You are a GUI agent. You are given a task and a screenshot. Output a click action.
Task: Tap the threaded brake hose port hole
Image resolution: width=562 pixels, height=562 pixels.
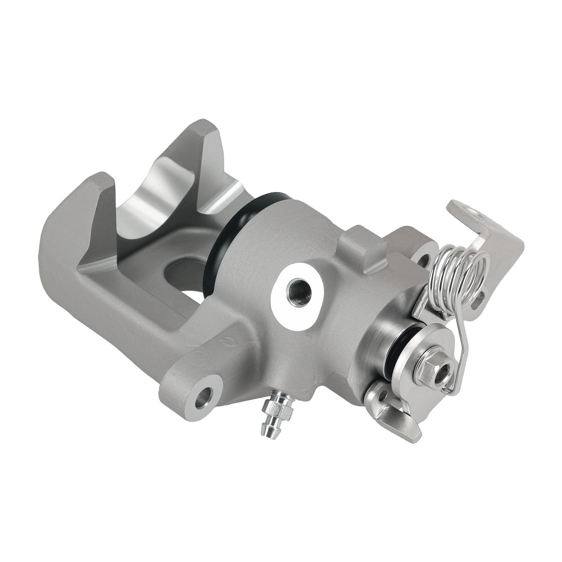(298, 292)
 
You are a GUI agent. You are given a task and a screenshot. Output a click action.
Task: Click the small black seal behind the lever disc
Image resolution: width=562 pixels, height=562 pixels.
(400, 349)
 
